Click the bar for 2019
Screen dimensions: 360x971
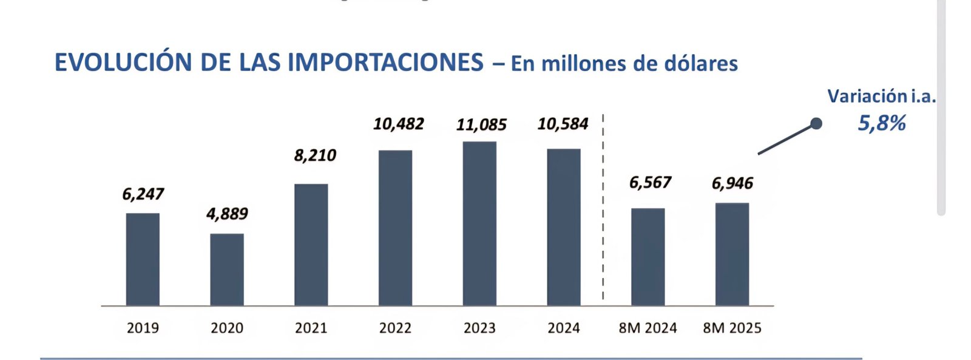(143, 259)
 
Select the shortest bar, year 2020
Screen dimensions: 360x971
(227, 270)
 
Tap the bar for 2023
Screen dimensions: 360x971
(479, 223)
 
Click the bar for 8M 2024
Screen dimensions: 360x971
(648, 257)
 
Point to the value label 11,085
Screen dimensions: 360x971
(481, 124)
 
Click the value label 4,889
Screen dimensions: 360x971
(227, 214)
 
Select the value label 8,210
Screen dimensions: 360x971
(315, 155)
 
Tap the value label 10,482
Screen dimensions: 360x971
(398, 124)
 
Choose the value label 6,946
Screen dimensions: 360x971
(732, 183)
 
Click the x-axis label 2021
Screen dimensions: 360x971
(311, 328)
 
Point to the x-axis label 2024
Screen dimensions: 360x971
(563, 328)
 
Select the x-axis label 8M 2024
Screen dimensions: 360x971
(648, 328)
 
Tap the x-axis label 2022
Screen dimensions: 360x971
(395, 328)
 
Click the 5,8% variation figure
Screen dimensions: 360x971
(881, 123)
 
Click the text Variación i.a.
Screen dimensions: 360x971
(881, 96)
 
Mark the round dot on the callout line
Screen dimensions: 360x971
(816, 124)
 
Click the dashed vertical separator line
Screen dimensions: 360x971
(603, 206)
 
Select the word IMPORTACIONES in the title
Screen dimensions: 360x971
(385, 63)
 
